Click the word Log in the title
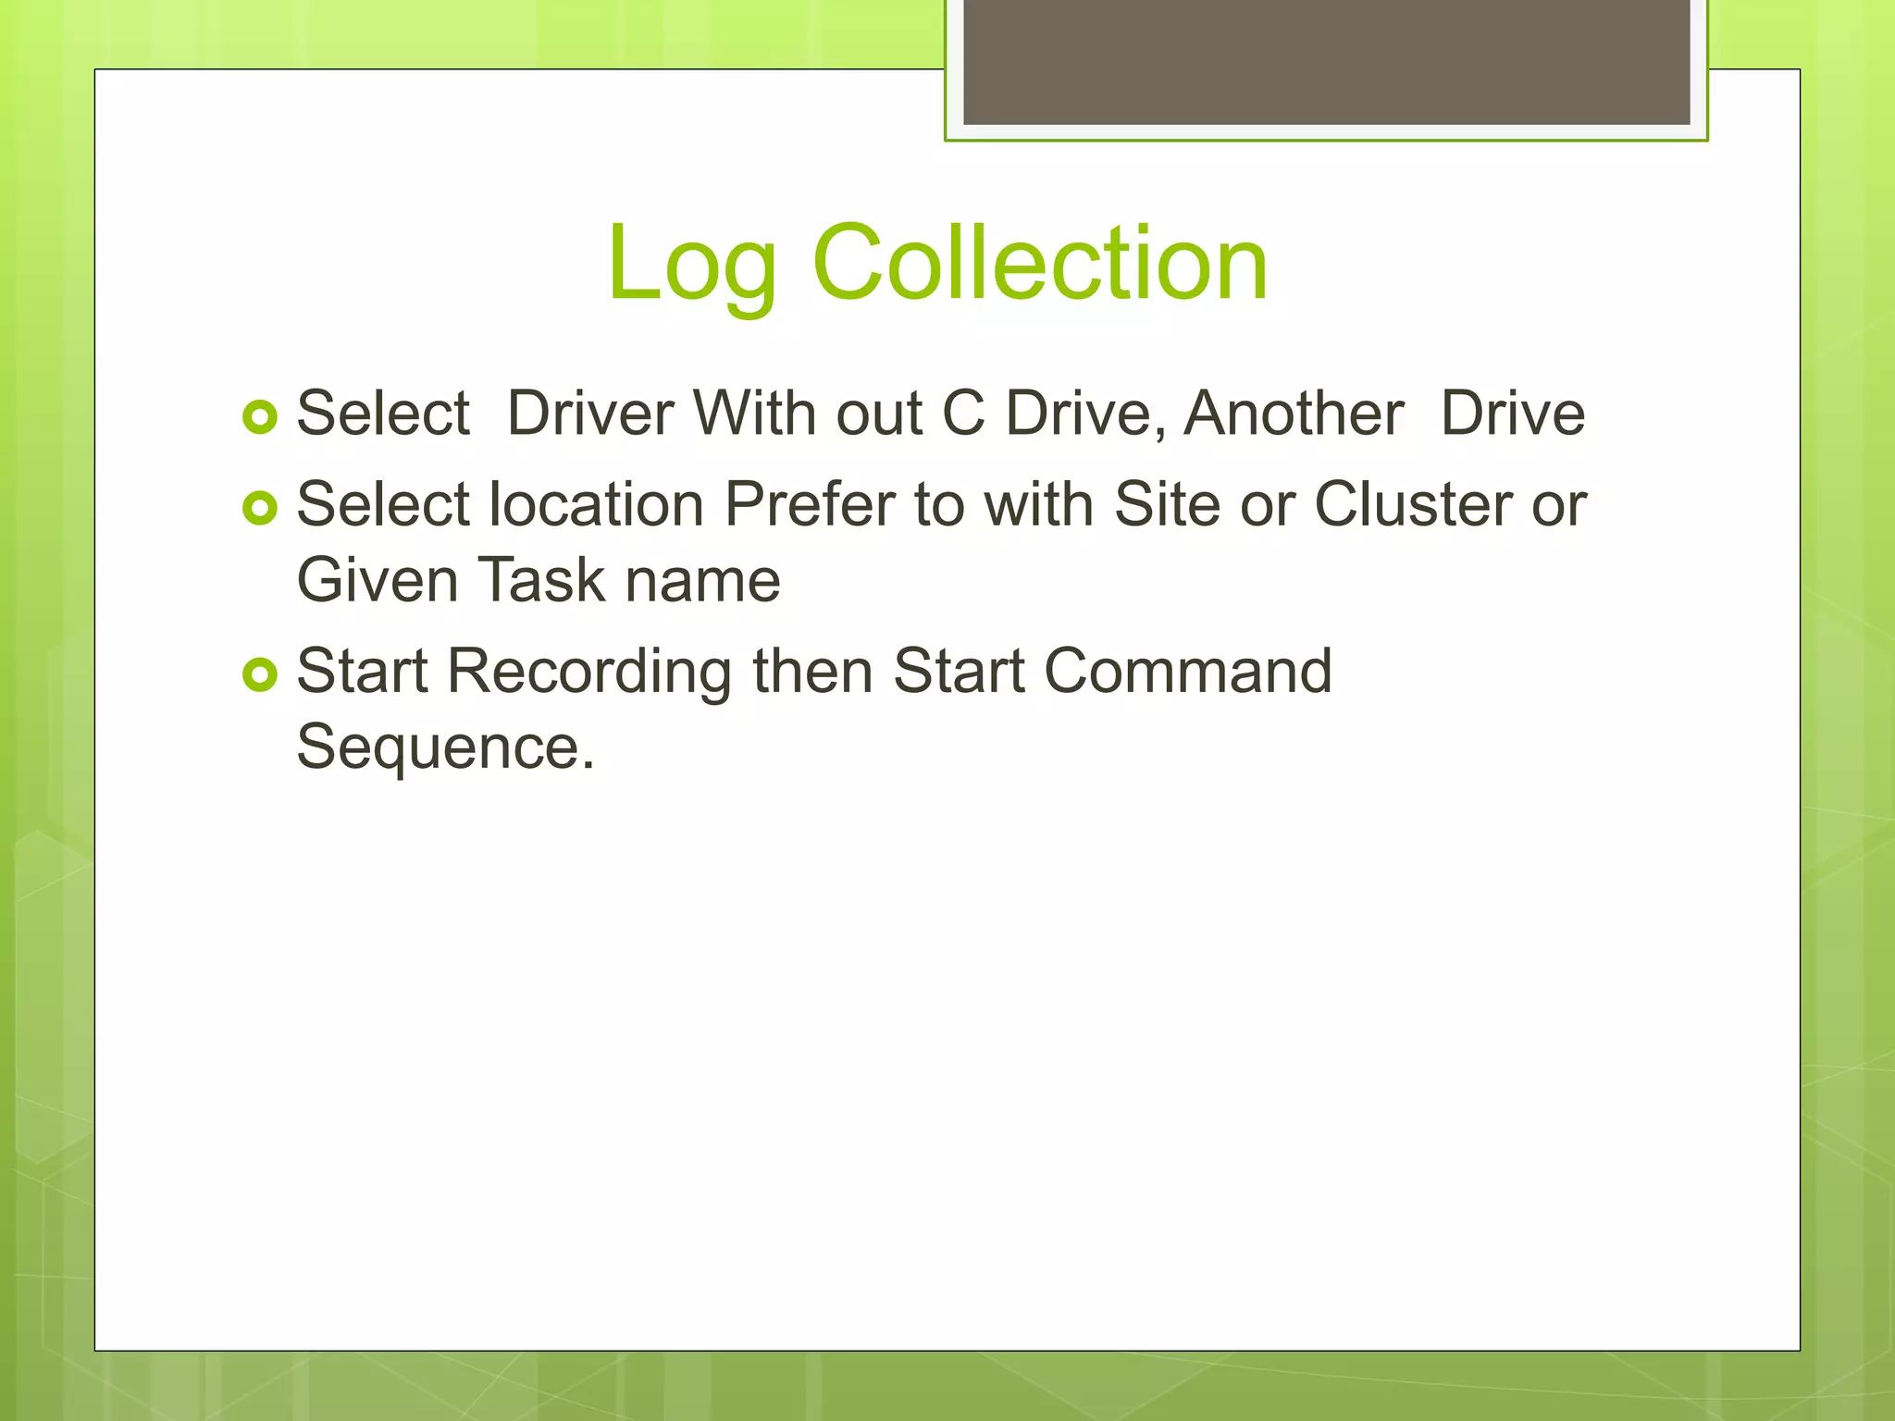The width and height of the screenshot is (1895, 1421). [x=691, y=266]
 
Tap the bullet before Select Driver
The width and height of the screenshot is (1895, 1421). [x=260, y=417]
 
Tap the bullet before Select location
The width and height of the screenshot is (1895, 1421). [x=260, y=508]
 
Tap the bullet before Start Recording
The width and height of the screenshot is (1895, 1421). [x=260, y=674]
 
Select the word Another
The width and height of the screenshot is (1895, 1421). [x=1294, y=413]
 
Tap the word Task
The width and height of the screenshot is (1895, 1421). [x=541, y=580]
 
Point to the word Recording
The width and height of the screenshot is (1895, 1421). [x=589, y=672]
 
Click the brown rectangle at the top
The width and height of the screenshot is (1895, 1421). [x=1326, y=61]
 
